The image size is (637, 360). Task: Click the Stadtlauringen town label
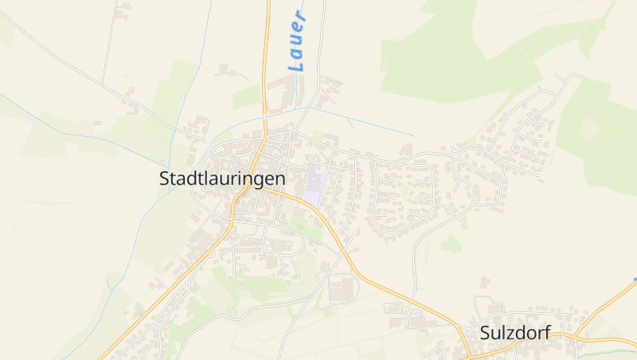pyautogui.click(x=222, y=179)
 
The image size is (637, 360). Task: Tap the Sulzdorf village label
pyautogui.click(x=516, y=333)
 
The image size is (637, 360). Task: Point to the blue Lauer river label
pyautogui.click(x=297, y=41)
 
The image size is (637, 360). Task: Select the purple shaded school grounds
pyautogui.click(x=312, y=184)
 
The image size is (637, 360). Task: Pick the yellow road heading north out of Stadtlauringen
pyautogui.click(x=266, y=64)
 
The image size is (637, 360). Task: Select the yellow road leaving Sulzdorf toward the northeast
pyautogui.click(x=609, y=306)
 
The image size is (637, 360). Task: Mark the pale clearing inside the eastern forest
pyautogui.click(x=592, y=127)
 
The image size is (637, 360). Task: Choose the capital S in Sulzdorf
pyautogui.click(x=486, y=333)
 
